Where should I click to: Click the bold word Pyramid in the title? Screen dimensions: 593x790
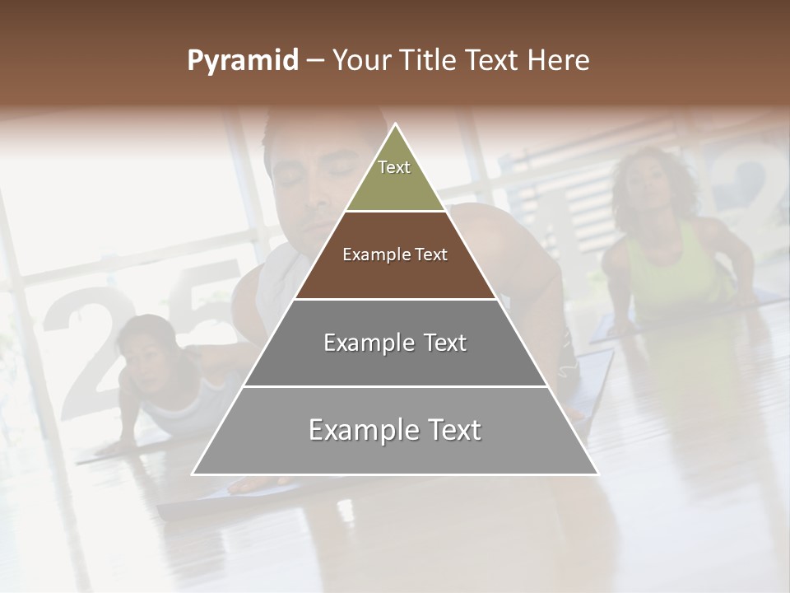242,60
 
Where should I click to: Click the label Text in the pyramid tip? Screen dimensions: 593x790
394,167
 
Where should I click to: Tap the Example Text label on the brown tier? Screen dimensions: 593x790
395,254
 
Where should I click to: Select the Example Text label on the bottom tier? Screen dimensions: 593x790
395,430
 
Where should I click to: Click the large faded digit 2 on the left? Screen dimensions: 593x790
78,354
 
